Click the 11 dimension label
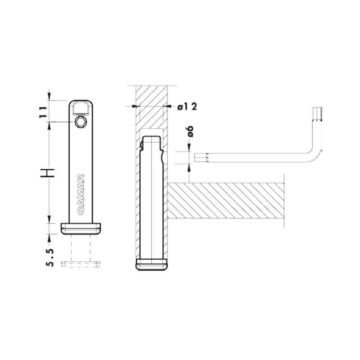[43, 112]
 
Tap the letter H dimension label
[48, 173]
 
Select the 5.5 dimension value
[50, 257]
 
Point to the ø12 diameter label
[187, 107]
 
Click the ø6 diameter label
[190, 131]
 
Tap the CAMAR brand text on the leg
[81, 195]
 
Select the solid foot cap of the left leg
[81, 228]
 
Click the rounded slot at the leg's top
[81, 108]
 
